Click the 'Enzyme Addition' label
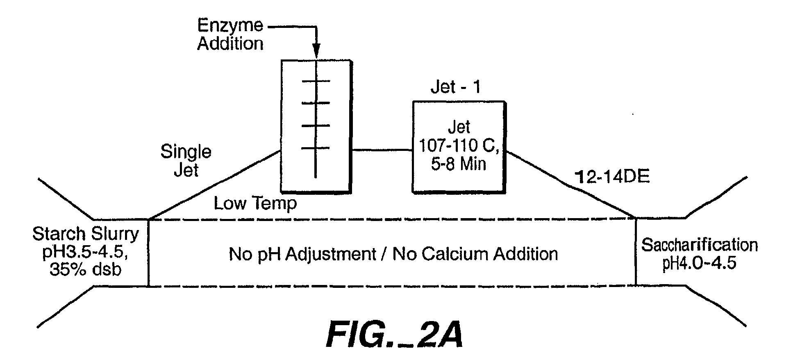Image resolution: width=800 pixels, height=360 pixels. pos(230,34)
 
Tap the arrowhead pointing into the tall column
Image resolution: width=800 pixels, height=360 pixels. pos(316,52)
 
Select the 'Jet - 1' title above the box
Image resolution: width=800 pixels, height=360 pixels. pos(456,87)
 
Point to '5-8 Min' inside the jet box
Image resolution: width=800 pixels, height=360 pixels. pos(459,164)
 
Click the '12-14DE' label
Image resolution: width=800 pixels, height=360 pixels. pos(613,177)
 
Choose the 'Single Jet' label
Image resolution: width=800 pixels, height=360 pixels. pos(186,160)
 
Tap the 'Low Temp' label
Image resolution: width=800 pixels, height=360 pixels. pos(255,203)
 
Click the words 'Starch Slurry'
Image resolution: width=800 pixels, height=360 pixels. pos(86,234)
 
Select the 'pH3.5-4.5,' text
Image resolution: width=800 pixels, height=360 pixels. pos(85,253)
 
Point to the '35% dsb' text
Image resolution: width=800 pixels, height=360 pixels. pos(86,270)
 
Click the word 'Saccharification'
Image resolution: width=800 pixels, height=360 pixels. pos(700,245)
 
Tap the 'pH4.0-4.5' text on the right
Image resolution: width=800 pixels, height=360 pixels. pos(700,263)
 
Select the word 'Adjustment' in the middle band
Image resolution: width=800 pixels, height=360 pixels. pos(330,255)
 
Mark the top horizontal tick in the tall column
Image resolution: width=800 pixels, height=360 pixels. pos(316,81)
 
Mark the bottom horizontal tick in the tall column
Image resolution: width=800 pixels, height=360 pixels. pos(316,148)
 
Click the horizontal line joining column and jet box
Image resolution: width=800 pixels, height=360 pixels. pos(382,150)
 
